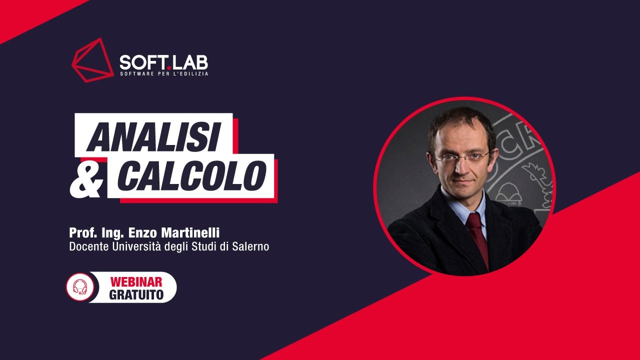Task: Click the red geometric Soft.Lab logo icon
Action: [x=92, y=60]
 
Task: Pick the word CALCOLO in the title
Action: [x=191, y=175]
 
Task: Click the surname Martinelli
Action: [x=190, y=233]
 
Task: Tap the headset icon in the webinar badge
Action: [x=80, y=287]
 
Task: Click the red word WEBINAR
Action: [x=136, y=282]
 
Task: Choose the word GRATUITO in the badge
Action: [x=136, y=295]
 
